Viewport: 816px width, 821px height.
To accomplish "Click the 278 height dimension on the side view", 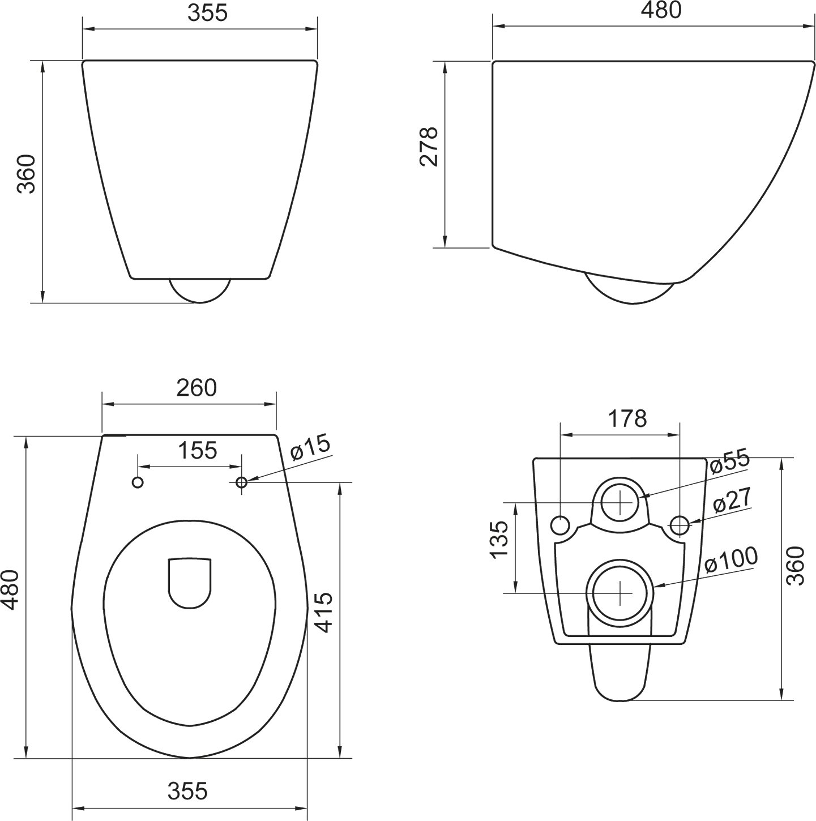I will click(x=429, y=146).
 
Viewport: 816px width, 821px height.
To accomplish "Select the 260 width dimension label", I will click(x=196, y=388).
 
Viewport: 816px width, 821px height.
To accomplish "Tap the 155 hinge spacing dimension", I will click(x=198, y=451).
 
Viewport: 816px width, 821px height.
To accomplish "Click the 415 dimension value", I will click(x=323, y=612).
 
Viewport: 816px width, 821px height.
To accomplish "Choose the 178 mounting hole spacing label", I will click(x=627, y=418).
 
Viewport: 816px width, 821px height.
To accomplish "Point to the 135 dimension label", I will click(x=499, y=540).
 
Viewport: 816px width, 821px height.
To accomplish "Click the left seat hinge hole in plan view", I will click(x=138, y=482).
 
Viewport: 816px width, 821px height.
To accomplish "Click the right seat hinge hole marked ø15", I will click(x=241, y=482).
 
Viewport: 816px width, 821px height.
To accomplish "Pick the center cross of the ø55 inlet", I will click(x=621, y=502).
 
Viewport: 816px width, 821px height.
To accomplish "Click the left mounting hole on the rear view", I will click(x=560, y=525).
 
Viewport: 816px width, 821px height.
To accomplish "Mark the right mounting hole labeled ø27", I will click(x=680, y=525).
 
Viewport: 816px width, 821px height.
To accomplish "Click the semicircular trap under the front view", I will click(x=200, y=290).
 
